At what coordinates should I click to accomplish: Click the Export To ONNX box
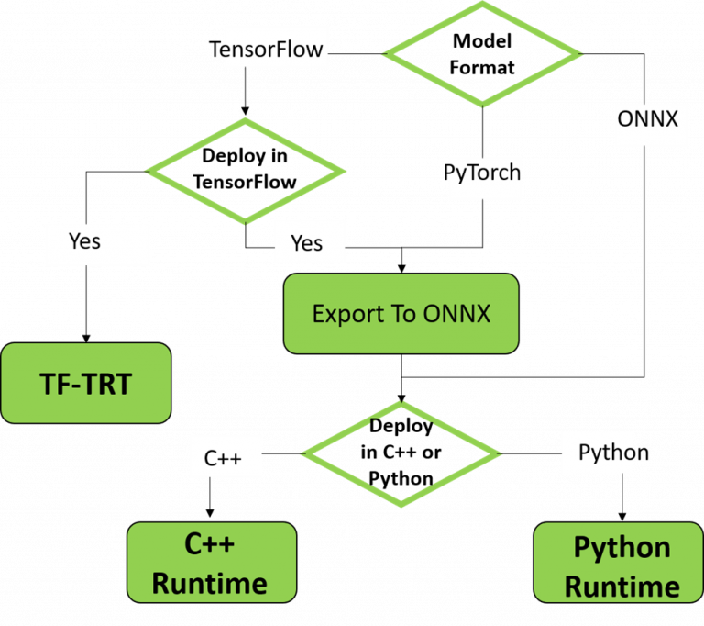click(401, 313)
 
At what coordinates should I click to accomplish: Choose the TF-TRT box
click(86, 383)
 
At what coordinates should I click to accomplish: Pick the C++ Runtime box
click(212, 562)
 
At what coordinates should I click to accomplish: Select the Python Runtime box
click(619, 562)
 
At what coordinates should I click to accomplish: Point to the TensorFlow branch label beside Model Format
click(266, 49)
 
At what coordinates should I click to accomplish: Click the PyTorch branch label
click(482, 173)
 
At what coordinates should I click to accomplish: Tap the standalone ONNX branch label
click(647, 119)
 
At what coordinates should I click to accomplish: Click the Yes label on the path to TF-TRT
click(84, 241)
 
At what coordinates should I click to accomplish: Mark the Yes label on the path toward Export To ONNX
click(307, 243)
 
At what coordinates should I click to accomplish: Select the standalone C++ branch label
click(223, 458)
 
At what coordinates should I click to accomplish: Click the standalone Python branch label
click(614, 452)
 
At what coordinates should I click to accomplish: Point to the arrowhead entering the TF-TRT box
click(86, 339)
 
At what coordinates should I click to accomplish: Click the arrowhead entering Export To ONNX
click(401, 269)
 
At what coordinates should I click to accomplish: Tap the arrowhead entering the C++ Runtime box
click(210, 513)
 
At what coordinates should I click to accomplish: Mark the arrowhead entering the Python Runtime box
click(622, 517)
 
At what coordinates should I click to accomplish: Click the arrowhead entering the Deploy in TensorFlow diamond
click(245, 111)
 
